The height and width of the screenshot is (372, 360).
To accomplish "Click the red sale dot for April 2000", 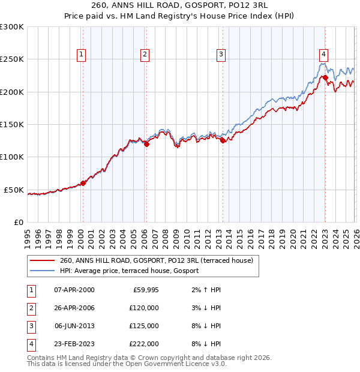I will click(x=83, y=183).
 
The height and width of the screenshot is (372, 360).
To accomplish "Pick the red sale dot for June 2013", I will click(x=223, y=140).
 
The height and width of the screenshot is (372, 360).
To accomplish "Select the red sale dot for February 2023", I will click(x=325, y=77).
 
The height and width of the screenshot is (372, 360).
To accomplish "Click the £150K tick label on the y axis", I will click(x=12, y=124).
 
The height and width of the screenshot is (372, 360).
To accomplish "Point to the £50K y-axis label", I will click(x=14, y=190).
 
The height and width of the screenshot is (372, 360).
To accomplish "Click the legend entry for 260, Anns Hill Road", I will click(x=157, y=260).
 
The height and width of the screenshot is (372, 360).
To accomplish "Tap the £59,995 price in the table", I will click(x=145, y=290).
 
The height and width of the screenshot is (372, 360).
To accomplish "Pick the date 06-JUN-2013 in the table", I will click(x=74, y=326).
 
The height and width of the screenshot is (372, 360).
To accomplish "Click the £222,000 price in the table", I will click(x=144, y=344).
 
